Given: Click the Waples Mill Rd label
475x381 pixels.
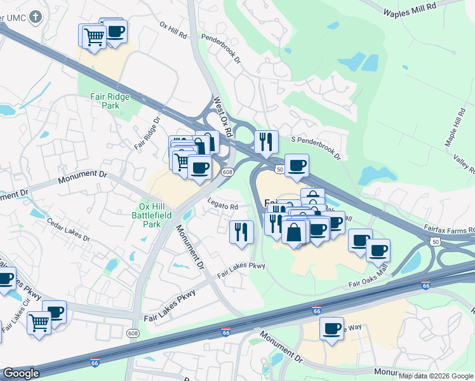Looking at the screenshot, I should click(411, 8).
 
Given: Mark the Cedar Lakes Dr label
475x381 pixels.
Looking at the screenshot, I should click(69, 229).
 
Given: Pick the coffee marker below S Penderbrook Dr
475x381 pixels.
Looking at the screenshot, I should click(297, 166).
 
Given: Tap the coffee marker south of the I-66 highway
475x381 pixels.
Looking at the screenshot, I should click(331, 329).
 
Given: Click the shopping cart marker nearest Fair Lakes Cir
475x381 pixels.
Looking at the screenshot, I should click(39, 323).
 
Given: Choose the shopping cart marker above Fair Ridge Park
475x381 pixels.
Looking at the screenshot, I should click(94, 37).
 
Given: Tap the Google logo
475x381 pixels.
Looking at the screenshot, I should click(21, 373).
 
